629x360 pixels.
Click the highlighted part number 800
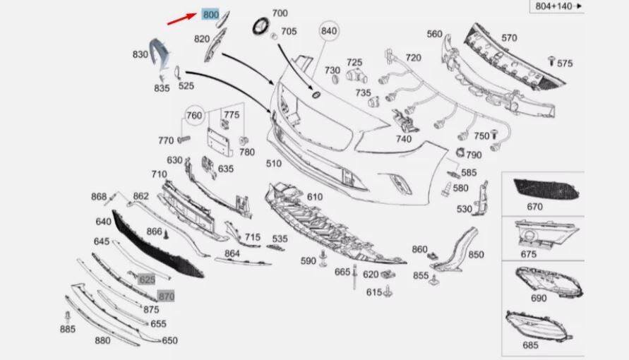[210, 14]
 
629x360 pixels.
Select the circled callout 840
[329, 31]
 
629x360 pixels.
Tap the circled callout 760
[194, 116]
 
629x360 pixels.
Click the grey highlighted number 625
[146, 280]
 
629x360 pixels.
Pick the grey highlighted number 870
[165, 296]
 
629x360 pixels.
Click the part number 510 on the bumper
[273, 164]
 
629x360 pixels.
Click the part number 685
[530, 345]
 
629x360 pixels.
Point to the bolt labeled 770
[184, 140]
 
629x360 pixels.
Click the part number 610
[314, 197]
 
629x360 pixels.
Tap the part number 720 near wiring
[413, 57]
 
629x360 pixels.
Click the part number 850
[476, 254]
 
